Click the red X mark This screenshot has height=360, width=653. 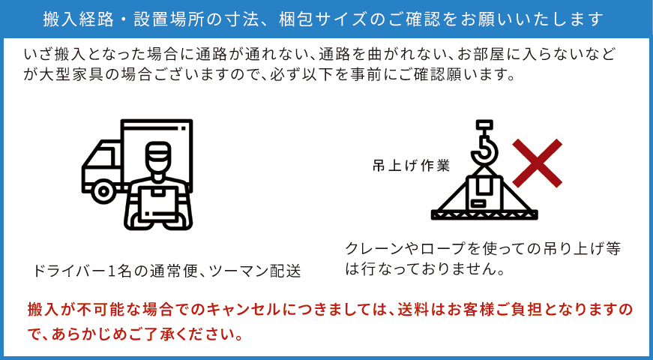pyautogui.click(x=538, y=163)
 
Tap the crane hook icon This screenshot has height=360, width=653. pyautogui.click(x=484, y=144)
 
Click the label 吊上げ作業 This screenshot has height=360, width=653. pyautogui.click(x=411, y=166)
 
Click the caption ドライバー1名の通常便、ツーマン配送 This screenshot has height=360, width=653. pyautogui.click(x=166, y=271)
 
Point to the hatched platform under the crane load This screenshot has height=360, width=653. pyautogui.click(x=484, y=215)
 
